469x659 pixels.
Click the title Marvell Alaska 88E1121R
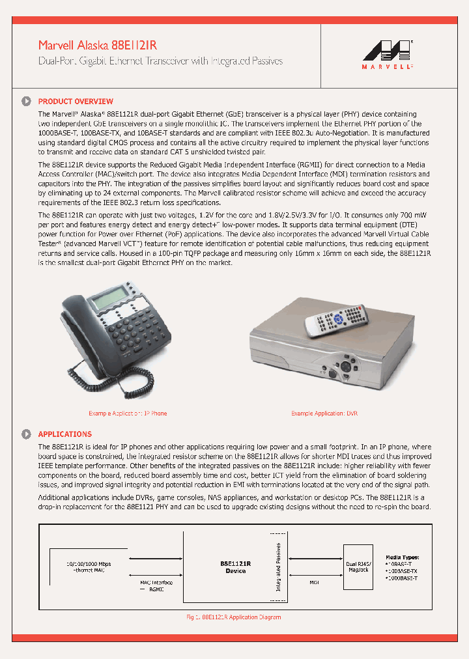98,46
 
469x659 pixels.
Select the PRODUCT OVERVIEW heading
76,102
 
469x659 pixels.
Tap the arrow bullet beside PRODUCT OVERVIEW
26,102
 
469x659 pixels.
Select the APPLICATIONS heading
64,434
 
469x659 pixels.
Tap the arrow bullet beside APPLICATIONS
26,434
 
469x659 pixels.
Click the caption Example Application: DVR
324,414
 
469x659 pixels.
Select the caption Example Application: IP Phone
128,414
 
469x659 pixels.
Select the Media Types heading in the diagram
402,557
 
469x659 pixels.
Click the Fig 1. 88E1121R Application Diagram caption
233,617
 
